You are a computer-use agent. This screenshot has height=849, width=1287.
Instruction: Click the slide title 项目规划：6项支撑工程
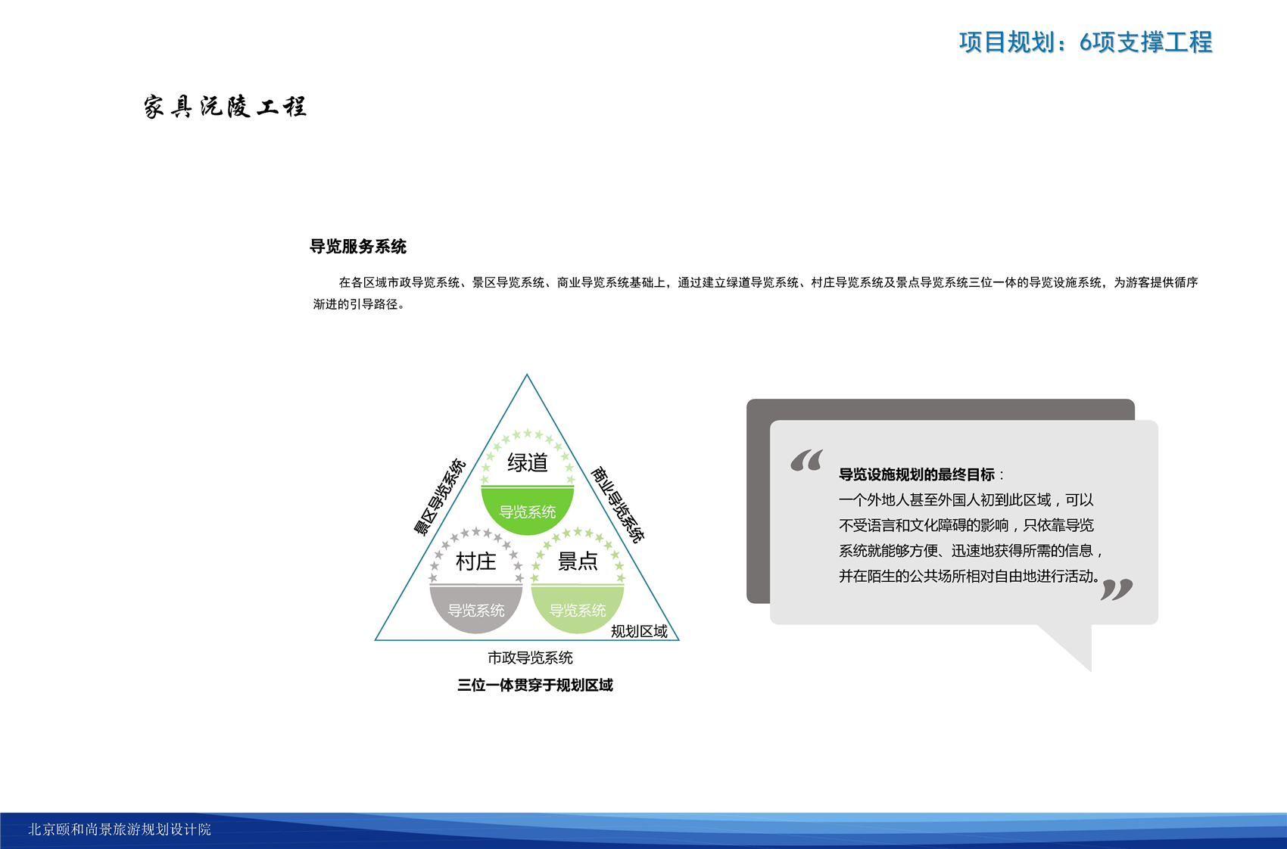pos(1086,42)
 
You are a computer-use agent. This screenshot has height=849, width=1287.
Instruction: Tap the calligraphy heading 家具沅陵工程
pos(225,107)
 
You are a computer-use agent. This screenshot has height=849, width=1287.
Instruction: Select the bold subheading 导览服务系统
pos(358,247)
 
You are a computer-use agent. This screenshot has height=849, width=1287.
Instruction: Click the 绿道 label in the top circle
pos(528,462)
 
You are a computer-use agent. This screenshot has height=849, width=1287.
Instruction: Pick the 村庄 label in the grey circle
pos(475,561)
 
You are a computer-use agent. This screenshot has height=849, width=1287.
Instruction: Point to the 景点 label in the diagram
pos(578,561)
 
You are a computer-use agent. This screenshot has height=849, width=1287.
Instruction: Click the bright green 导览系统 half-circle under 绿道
pos(528,510)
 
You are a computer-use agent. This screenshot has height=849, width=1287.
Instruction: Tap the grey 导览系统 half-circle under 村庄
pos(475,609)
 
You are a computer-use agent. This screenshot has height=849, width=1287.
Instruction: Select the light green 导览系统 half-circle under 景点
pos(578,609)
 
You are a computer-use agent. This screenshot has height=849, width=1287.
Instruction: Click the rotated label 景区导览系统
pos(440,497)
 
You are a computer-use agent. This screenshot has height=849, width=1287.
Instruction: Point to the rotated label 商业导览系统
pos(619,505)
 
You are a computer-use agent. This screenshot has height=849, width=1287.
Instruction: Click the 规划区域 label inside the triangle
pos(639,631)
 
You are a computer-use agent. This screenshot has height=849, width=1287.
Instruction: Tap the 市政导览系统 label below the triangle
pos(530,658)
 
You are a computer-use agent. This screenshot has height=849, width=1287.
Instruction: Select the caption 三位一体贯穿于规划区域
pos(535,686)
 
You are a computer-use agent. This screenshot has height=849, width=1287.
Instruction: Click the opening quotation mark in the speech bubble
pos(807,460)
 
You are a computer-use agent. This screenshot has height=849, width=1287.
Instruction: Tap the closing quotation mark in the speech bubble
pos(1117,589)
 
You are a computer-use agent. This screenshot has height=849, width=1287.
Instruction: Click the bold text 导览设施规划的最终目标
pos(916,474)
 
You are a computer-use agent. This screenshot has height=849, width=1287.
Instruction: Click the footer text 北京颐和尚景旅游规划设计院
pos(120,829)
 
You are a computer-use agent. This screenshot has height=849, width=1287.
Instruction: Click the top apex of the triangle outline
pos(527,375)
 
